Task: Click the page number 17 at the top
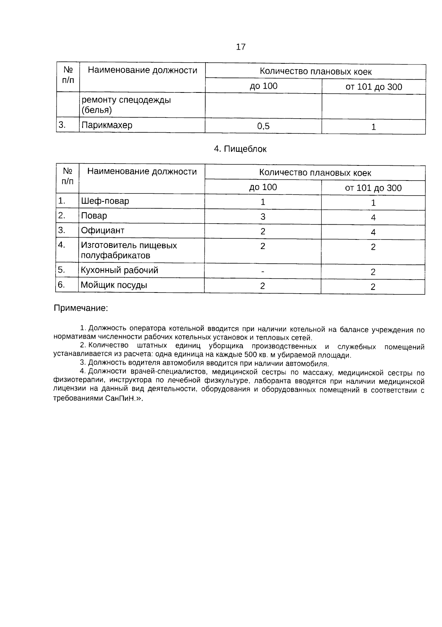click(241, 47)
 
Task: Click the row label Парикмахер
click(106, 125)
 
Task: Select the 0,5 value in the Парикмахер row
click(263, 126)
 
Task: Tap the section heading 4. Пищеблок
click(240, 149)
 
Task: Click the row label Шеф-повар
click(105, 201)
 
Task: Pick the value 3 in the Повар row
click(263, 217)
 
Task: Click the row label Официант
click(102, 231)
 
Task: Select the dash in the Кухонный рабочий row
click(262, 272)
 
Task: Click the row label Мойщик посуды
click(114, 285)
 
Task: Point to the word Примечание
click(81, 308)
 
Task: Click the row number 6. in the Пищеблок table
click(61, 285)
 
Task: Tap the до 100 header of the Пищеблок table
click(263, 187)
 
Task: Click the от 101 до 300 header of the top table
click(373, 87)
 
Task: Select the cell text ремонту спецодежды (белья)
click(126, 105)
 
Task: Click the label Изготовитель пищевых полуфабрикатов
click(129, 250)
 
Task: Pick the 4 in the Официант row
click(373, 232)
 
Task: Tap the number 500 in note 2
click(249, 355)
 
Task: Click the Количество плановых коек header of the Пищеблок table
click(315, 173)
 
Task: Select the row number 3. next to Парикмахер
click(62, 125)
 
